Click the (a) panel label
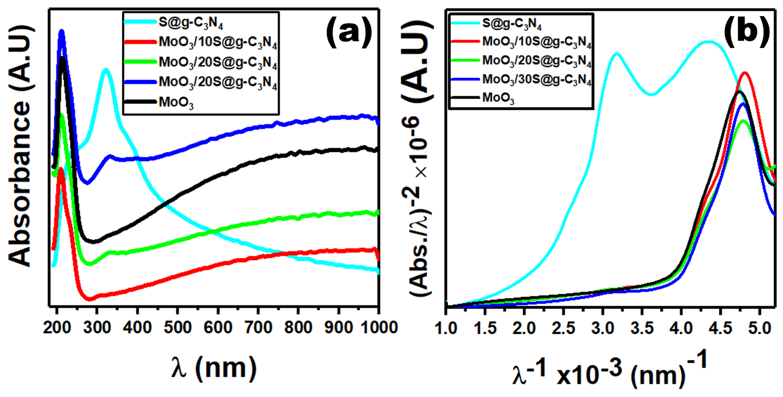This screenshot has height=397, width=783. [x=349, y=32]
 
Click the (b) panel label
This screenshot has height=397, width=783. [x=746, y=32]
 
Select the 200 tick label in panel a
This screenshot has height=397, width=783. [x=57, y=328]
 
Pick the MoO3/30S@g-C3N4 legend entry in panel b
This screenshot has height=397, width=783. [x=537, y=80]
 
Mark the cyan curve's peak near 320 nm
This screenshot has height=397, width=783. [x=106, y=70]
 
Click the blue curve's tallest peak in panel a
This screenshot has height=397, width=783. [x=62, y=31]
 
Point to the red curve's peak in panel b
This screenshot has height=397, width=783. [x=745, y=73]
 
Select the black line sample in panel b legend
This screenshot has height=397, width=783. [x=465, y=98]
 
